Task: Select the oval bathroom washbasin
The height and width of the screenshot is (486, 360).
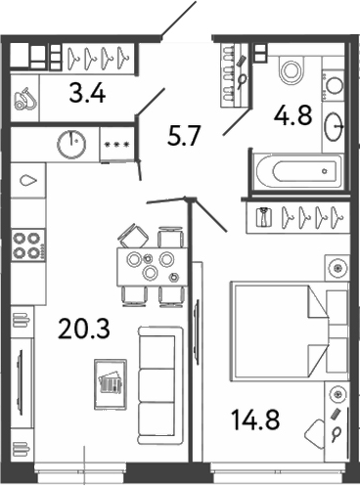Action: pyautogui.click(x=335, y=125)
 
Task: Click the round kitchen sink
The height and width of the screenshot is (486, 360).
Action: pyautogui.click(x=71, y=144)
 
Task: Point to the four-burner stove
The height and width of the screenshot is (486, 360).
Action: pyautogui.click(x=27, y=244)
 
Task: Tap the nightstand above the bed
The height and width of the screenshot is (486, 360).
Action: pyautogui.click(x=337, y=264)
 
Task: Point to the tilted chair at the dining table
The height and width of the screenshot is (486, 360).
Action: pyautogui.click(x=132, y=235)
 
